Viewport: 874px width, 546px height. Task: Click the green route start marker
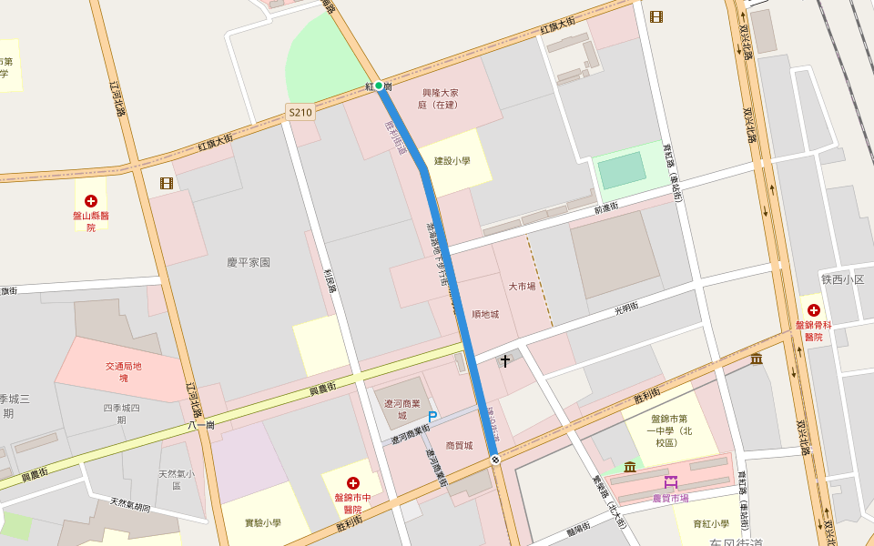(x=379, y=86)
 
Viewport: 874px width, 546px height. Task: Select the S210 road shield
(x=300, y=112)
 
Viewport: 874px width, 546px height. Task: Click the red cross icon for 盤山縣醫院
(x=91, y=200)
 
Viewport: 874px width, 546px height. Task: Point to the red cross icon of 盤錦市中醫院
(x=353, y=482)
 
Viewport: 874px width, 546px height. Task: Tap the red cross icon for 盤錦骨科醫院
(x=813, y=310)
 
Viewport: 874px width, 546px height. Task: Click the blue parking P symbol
(x=432, y=417)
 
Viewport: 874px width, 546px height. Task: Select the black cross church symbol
(x=505, y=361)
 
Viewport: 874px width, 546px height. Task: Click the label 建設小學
(x=452, y=161)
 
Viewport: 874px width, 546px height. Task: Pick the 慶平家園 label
(x=249, y=262)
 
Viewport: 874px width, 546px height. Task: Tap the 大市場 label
(x=522, y=286)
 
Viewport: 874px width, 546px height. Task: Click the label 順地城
(x=485, y=314)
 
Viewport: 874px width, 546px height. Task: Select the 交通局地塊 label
(x=124, y=371)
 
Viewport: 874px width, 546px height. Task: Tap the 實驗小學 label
(x=263, y=523)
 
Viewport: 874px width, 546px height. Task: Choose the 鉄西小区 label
(x=842, y=279)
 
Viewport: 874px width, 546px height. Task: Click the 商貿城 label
(x=459, y=446)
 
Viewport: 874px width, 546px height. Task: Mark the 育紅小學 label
(x=711, y=523)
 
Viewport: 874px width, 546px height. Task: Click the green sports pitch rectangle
(x=620, y=171)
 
